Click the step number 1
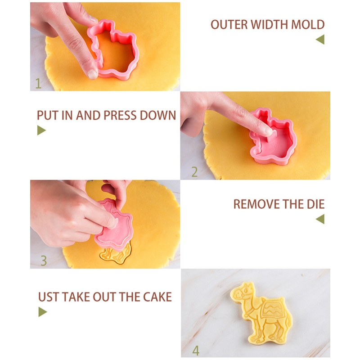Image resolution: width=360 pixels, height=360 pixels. (x=38, y=84)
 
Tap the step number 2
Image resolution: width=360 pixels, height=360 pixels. (x=194, y=172)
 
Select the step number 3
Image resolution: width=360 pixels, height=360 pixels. (x=44, y=261)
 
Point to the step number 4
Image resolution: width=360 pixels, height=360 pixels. (x=196, y=351)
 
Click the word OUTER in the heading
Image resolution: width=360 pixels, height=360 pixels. (x=229, y=24)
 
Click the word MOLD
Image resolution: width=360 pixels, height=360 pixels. (x=308, y=24)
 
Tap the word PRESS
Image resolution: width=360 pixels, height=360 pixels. (x=120, y=115)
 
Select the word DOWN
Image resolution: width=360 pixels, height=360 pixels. (x=158, y=115)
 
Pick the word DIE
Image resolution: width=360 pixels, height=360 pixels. (x=316, y=204)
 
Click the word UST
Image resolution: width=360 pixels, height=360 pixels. (x=49, y=297)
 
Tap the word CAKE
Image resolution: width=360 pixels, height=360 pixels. (x=157, y=297)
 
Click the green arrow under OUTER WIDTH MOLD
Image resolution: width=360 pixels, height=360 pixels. (x=320, y=39)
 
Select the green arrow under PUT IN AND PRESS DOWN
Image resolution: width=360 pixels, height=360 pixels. (x=41, y=130)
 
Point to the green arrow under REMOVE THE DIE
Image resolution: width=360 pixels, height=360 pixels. (x=320, y=219)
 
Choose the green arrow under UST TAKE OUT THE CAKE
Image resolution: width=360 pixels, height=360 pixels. (x=42, y=312)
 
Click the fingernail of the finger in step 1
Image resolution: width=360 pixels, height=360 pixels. (x=93, y=74)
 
